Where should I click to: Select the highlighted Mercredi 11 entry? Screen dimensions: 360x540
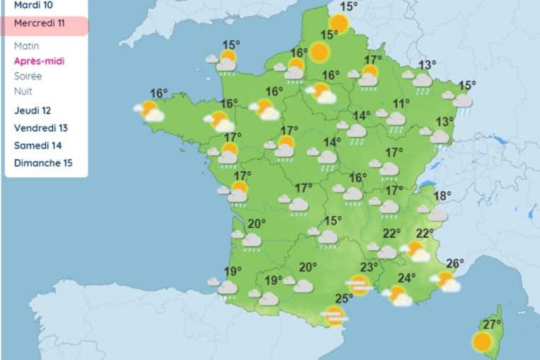coord(40,23)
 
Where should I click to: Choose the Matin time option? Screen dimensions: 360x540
coord(27,45)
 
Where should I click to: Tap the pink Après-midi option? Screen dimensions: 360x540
coord(40,61)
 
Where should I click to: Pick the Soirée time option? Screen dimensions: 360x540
coord(28,76)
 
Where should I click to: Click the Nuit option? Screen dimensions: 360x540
coord(23,91)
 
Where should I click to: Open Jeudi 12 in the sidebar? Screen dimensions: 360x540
coord(33,111)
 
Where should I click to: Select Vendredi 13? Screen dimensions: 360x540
coord(41,128)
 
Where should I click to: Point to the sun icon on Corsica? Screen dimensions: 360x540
coord(483,342)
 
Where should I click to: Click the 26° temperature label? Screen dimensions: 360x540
coord(455,264)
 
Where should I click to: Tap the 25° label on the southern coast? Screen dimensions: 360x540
coord(344,298)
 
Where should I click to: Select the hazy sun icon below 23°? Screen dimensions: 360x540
coord(359,285)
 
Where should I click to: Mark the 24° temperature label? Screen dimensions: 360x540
coord(406,278)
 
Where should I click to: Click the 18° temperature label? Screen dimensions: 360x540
coord(442,196)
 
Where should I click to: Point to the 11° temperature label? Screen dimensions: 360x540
coord(402,104)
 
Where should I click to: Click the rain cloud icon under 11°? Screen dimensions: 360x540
coord(395,120)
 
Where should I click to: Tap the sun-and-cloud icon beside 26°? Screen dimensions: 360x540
coord(446,281)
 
